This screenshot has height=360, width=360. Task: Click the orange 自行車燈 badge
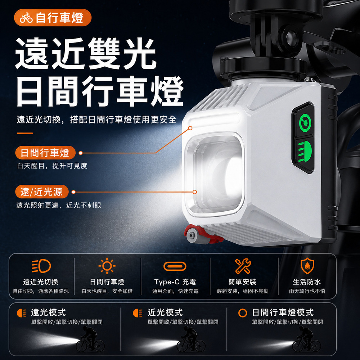pos(53,18)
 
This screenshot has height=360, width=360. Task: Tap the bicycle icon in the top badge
pos(26,18)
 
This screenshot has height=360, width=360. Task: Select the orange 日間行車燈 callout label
pos(45,153)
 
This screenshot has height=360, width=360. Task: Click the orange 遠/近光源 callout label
pos(42,192)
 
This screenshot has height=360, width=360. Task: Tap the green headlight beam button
pos(305,152)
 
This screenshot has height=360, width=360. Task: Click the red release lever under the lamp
pos(202,235)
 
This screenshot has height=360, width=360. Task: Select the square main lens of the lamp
pos(215,175)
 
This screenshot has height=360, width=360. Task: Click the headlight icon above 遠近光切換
pos(41,266)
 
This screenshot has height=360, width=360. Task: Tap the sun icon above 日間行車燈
pos(107,266)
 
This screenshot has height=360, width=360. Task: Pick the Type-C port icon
pos(175,266)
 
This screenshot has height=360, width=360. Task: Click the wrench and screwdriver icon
pos(243,266)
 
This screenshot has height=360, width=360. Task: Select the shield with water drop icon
pos(307,266)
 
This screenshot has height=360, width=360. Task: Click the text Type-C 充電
pos(175,282)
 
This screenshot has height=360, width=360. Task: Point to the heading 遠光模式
pos(49,312)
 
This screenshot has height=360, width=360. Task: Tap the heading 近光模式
pos(165,312)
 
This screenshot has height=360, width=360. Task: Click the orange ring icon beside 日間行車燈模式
pos(243,313)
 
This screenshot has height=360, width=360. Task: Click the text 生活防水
pos(307,282)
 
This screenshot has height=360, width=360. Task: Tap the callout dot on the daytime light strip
pos(190,128)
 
